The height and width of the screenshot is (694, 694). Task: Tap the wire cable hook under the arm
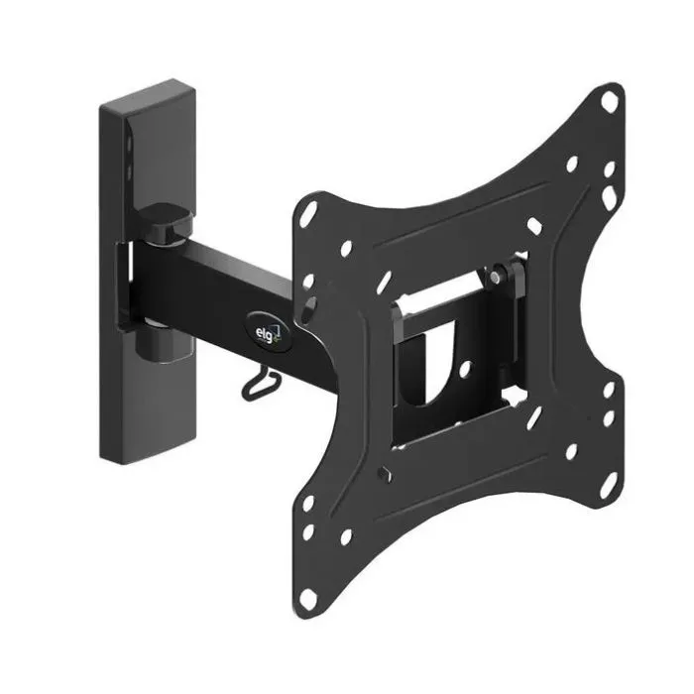click(260, 385)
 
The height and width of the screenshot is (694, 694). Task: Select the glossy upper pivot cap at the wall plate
click(165, 223)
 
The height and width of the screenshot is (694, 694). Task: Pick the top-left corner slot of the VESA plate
click(308, 214)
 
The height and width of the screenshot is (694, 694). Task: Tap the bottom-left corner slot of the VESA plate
click(308, 599)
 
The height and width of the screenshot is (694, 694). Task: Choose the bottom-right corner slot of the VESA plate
click(608, 484)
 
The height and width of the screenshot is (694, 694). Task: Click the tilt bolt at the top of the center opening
click(496, 277)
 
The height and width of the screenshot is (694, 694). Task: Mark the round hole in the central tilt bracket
click(465, 369)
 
